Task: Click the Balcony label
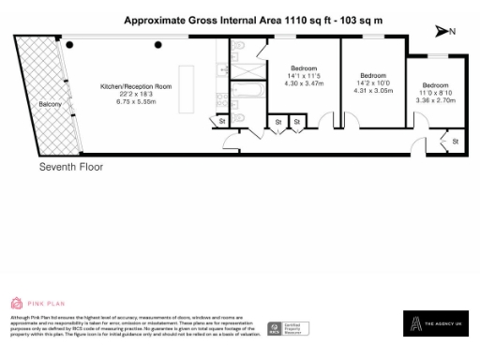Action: [50, 104]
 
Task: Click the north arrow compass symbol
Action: [445, 31]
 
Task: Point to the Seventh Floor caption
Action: [70, 167]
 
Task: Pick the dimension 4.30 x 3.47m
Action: [303, 83]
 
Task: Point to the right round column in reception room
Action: [158, 44]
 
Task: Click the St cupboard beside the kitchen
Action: [222, 121]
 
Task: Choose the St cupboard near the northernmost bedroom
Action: [455, 141]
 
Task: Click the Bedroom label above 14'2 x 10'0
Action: [374, 75]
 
